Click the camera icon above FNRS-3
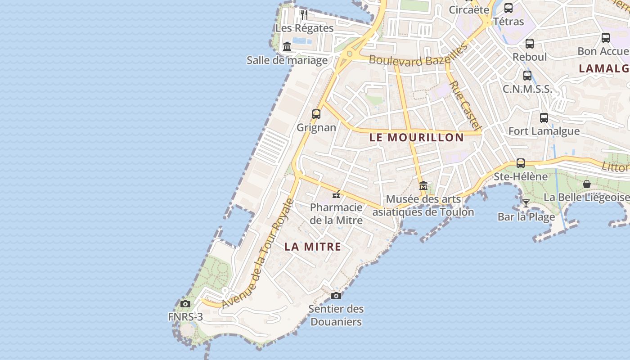[x=185, y=304]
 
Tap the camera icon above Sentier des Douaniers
[x=336, y=296]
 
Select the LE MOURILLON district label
[x=416, y=138]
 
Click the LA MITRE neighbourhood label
[x=313, y=247]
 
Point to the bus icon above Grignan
[x=316, y=114]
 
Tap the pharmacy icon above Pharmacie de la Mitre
[x=336, y=194]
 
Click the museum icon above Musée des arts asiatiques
[x=423, y=185]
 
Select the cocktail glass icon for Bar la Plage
[x=526, y=203]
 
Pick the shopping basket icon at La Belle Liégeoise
[x=587, y=184]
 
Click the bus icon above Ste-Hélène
[x=521, y=163]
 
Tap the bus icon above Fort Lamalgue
[x=544, y=118]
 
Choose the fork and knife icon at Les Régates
[x=304, y=14]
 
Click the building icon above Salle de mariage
[x=287, y=46]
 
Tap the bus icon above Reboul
[x=530, y=44]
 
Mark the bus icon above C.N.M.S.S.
[x=527, y=75]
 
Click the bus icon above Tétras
[x=508, y=8]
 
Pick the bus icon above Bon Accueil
[x=606, y=38]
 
